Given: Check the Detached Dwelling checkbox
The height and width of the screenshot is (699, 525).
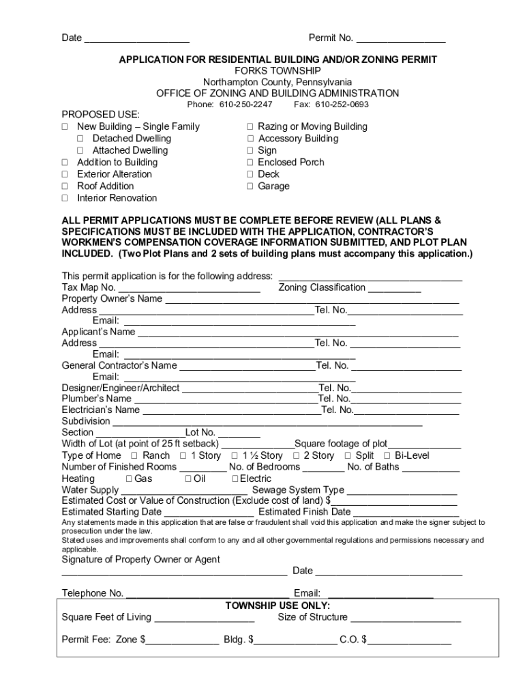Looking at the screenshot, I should click(x=80, y=139).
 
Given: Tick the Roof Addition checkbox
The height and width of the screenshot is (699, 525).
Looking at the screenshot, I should click(x=65, y=186).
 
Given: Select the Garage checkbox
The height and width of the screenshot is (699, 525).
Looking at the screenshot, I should click(x=250, y=186).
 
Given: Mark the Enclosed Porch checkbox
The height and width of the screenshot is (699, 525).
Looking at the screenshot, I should click(x=250, y=162).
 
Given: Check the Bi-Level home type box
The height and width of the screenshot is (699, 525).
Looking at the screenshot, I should click(x=387, y=455).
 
